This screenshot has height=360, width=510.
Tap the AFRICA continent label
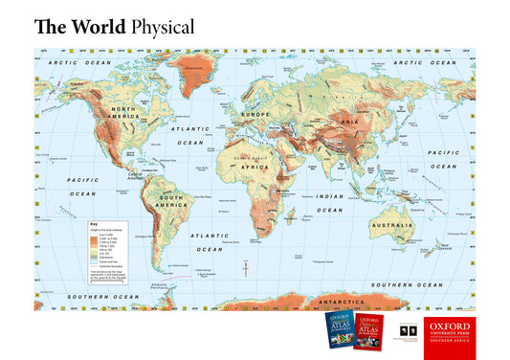tap(255, 167)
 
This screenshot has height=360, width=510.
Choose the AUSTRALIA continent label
tap(391, 226)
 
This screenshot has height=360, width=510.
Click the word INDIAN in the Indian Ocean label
tap(329, 197)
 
